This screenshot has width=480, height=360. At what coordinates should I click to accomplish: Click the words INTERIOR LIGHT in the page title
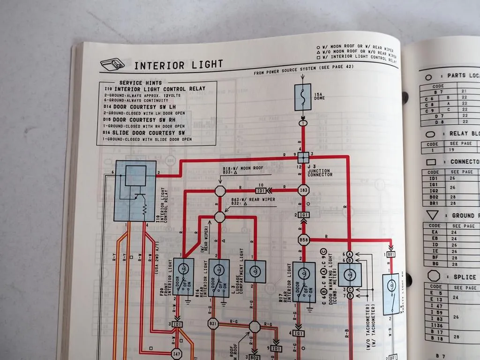coord(179,65)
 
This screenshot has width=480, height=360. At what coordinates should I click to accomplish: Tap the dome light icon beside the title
coord(112,62)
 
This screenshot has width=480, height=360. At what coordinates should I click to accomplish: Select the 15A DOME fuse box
coord(302,97)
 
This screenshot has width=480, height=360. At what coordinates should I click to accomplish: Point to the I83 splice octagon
coord(303,190)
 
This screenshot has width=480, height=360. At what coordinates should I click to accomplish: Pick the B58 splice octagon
coord(303,240)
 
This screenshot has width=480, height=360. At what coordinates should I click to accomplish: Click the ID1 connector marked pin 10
coord(261,191)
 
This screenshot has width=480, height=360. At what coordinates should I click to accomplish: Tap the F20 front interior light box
coord(183,277)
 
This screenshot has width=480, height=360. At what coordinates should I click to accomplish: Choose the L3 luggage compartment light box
coord(254,272)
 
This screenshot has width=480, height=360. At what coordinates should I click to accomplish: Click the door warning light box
coord(350,274)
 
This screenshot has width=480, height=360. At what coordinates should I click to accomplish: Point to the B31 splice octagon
coord(213,324)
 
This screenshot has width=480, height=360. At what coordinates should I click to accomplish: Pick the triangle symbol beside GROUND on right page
coord(432,215)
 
